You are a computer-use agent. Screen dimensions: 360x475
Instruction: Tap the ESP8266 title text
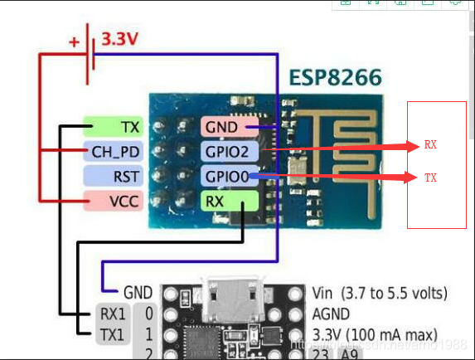[335, 78]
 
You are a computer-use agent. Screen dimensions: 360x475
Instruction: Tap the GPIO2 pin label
[227, 152]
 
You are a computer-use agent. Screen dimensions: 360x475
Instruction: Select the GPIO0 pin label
[227, 176]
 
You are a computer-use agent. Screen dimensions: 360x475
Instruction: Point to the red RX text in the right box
[430, 145]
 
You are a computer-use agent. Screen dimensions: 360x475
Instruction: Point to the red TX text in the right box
[430, 178]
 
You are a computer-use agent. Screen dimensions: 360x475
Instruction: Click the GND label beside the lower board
[137, 293]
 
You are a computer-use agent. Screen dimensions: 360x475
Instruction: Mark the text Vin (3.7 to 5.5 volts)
[381, 293]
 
